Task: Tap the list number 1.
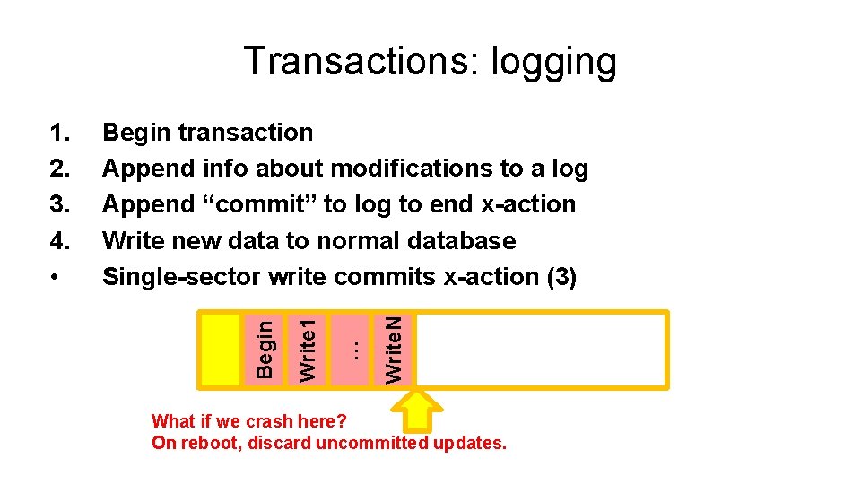point(59,133)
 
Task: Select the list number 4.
point(59,241)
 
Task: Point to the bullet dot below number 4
point(57,278)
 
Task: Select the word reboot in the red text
point(209,443)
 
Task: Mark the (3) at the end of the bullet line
point(562,278)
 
